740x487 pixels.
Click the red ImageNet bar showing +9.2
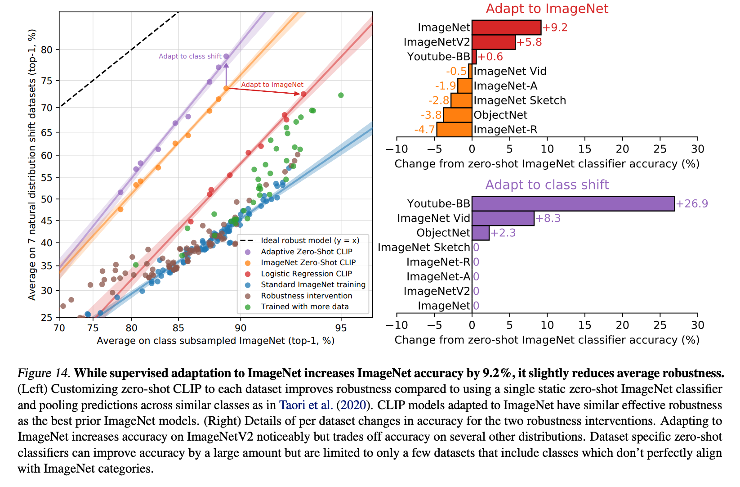tap(506, 27)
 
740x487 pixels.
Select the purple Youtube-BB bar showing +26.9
tap(573, 203)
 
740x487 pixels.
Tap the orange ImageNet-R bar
tap(454, 130)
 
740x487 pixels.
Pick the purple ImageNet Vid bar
tap(503, 218)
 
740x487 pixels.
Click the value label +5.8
tap(529, 42)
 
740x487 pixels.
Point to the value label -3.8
tap(431, 115)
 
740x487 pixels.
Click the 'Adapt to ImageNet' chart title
tap(547, 9)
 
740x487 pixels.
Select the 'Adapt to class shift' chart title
tap(547, 185)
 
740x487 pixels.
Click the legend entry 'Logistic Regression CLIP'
tap(306, 274)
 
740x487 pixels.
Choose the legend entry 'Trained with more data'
tap(304, 307)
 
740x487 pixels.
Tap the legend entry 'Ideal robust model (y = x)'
tap(310, 240)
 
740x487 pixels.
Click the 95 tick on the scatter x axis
tap(341, 328)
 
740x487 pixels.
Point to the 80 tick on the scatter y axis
tap(47, 50)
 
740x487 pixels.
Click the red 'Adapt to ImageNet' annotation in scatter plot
tap(272, 85)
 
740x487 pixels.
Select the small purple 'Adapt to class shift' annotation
tap(190, 56)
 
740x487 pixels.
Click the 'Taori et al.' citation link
tap(306, 405)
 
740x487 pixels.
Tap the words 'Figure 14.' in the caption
tap(44, 373)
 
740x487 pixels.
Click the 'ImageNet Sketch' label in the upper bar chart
tap(520, 100)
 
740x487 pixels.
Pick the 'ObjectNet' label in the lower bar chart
tap(443, 233)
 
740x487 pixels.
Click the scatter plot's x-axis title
tap(215, 341)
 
